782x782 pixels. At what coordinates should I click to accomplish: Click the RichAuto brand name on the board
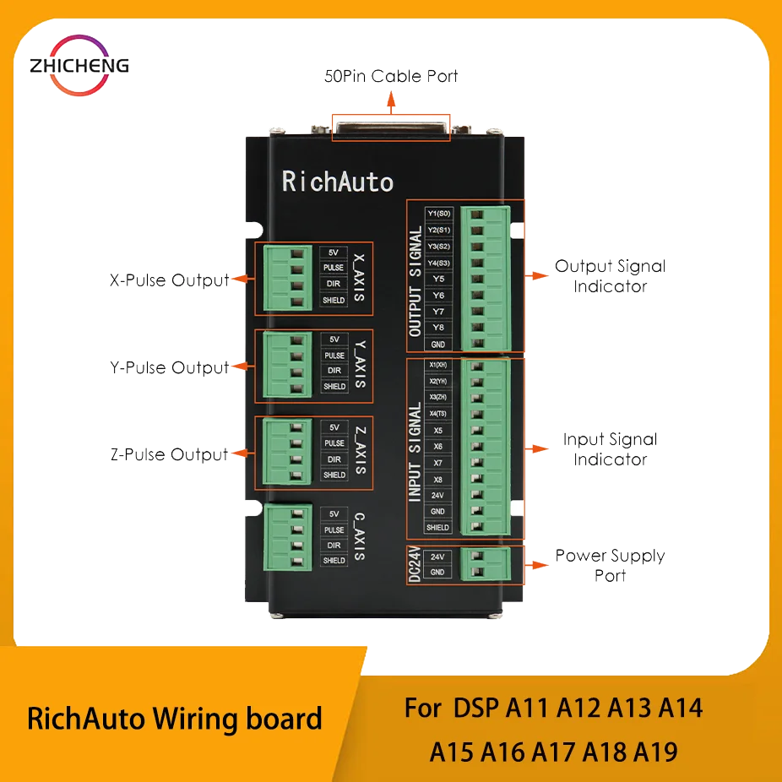(337, 181)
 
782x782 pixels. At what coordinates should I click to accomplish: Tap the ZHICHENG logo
(78, 65)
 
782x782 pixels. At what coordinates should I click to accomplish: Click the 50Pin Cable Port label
(391, 77)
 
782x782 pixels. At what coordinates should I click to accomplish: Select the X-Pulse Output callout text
(169, 280)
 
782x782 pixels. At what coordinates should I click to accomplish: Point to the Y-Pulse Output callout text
(169, 368)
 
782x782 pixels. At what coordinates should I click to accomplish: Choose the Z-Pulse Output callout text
(169, 454)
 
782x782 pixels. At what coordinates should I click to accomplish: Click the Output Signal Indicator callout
(611, 276)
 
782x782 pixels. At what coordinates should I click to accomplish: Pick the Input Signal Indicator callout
(611, 449)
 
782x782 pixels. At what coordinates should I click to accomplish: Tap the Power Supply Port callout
(611, 565)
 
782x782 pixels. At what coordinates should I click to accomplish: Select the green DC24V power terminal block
(486, 564)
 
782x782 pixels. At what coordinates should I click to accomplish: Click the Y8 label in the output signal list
(437, 327)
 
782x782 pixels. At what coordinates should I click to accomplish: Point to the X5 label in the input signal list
(437, 430)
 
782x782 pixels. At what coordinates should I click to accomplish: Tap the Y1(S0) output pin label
(437, 213)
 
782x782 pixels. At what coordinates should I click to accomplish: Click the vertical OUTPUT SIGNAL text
(415, 281)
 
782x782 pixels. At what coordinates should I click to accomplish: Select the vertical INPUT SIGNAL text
(415, 453)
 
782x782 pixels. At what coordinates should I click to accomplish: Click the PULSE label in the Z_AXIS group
(334, 443)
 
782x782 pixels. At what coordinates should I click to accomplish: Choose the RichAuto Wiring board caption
(175, 719)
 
